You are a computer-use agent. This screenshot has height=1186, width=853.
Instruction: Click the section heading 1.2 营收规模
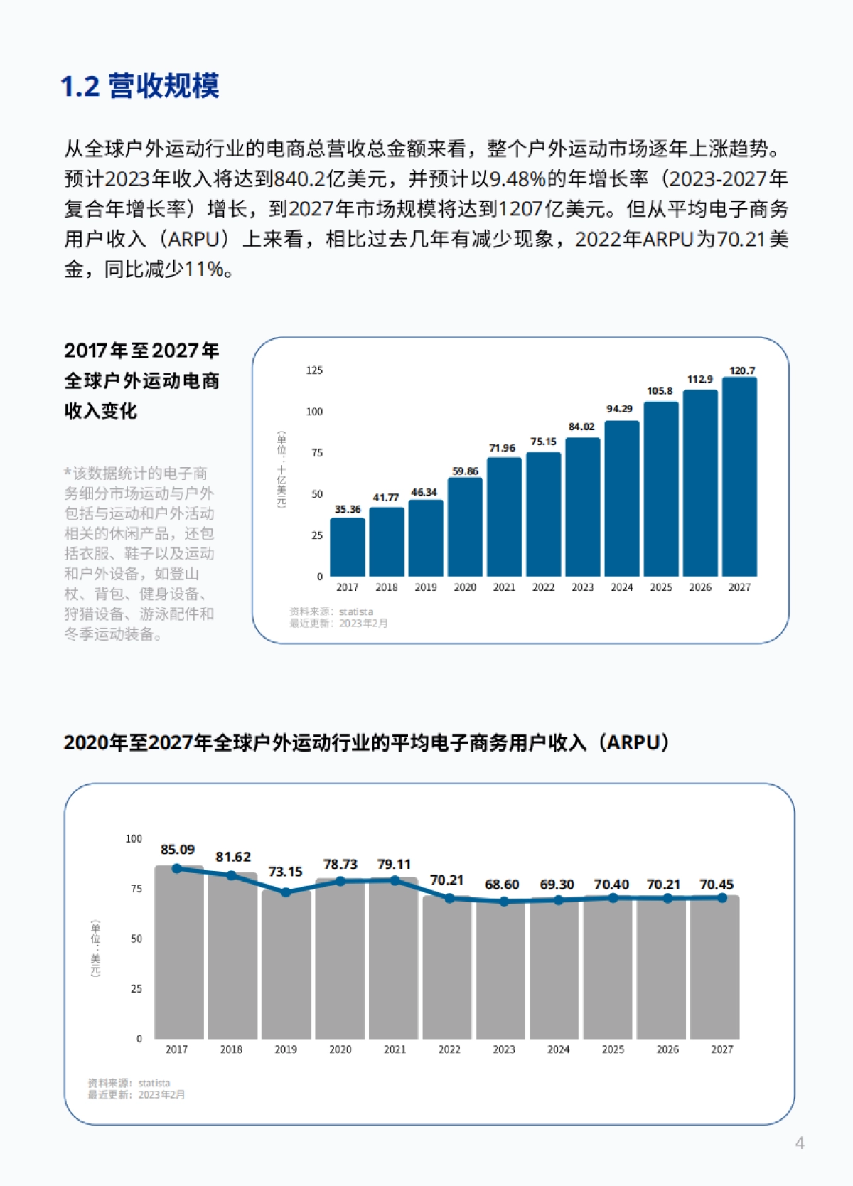[x=139, y=86]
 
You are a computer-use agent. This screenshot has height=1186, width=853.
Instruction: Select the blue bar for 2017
[x=348, y=547]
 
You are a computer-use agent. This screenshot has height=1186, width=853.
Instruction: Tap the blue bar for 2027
[x=739, y=476]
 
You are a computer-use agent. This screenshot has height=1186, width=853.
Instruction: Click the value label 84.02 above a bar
[x=581, y=427]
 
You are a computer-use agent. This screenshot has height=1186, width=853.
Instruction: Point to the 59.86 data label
[x=465, y=471]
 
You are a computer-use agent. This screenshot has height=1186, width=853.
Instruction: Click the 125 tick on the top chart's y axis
[x=314, y=370]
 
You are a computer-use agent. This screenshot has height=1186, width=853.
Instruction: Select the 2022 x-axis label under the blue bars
[x=543, y=587]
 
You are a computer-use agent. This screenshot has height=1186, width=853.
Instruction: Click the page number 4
[x=800, y=1143]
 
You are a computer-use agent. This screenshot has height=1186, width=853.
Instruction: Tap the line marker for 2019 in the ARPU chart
[x=286, y=892]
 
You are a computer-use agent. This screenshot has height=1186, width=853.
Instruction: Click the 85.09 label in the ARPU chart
[x=177, y=850]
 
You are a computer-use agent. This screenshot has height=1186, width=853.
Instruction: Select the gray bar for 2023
[x=503, y=971]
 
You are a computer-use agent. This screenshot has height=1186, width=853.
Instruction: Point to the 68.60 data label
[x=502, y=885]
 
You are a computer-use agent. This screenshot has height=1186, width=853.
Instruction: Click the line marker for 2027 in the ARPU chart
[x=722, y=898]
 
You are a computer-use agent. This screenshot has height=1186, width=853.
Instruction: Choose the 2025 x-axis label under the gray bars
[x=613, y=1049]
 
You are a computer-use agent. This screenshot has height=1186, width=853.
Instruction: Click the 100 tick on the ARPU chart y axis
[x=134, y=839]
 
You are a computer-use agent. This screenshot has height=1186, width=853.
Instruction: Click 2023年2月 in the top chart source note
[x=363, y=624]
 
